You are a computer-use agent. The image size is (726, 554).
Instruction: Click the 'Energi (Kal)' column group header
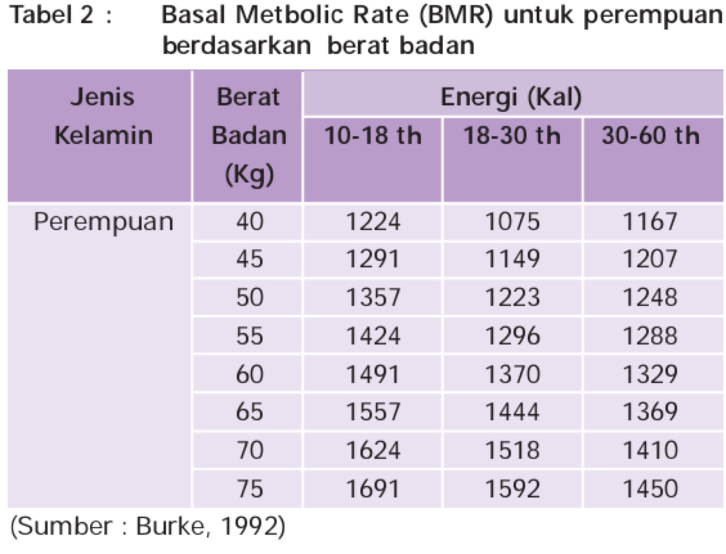[511, 97]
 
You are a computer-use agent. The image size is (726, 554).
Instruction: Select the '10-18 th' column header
[373, 136]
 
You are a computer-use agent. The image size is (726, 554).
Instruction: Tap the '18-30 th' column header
[512, 136]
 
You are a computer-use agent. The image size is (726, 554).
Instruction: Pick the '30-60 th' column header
[651, 136]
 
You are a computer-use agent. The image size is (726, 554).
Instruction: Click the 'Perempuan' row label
[103, 222]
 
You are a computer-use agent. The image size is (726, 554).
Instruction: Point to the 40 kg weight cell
[250, 222]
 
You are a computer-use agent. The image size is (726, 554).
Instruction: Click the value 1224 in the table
[373, 222]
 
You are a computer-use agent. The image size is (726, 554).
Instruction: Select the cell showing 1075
[512, 222]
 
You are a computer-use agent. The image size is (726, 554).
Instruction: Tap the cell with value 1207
[650, 259]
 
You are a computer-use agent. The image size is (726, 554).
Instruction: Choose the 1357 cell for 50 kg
[373, 298]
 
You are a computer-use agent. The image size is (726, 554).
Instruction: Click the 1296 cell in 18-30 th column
[512, 336]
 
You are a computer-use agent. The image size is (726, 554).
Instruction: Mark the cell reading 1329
[650, 374]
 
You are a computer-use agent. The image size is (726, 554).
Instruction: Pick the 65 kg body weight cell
[250, 412]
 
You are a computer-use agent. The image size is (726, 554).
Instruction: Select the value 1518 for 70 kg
[512, 451]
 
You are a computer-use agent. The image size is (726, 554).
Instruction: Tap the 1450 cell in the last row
[650, 489]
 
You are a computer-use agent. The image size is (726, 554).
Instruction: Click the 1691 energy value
[373, 489]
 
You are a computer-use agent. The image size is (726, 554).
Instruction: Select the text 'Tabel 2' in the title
[52, 15]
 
